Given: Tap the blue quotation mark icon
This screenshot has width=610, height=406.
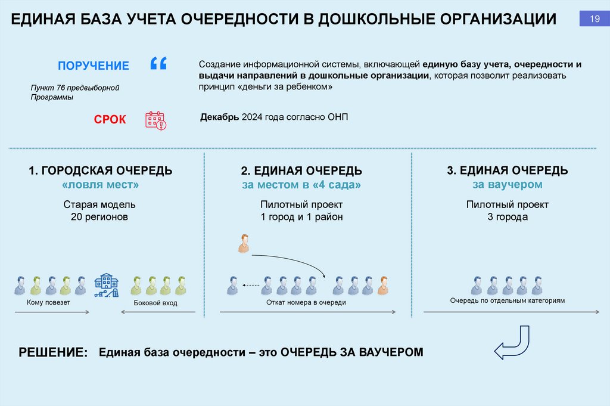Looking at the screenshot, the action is tap(158, 64).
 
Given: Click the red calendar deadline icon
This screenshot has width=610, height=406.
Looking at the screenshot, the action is tap(156, 120).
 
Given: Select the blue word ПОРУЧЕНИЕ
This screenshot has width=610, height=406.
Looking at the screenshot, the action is tap(94, 66).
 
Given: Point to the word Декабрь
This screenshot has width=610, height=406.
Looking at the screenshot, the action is tap(219, 117).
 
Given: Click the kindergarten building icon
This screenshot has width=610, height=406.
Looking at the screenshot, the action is tap(105, 286).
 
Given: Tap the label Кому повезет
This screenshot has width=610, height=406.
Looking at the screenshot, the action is tap(48, 303).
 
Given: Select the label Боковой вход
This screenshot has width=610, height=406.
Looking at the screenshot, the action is tap(156, 303).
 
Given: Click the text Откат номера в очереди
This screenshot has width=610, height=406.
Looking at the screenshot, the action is tap(306, 303).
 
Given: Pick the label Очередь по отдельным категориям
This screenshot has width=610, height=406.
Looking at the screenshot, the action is tap(507, 301).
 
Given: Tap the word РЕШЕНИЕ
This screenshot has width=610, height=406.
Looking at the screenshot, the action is tap(54, 352).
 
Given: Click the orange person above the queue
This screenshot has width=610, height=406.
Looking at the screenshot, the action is tap(243, 244).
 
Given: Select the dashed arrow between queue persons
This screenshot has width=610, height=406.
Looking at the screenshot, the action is tap(252, 286).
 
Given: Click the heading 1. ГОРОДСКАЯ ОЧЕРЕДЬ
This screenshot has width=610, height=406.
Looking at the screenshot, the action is tap(101, 171).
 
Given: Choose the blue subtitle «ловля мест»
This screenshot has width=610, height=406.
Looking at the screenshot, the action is tap(101, 185).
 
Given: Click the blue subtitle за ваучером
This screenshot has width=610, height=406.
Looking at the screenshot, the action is tap(507, 185).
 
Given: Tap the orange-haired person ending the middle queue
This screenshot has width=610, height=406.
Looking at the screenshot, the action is tap(382, 286).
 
